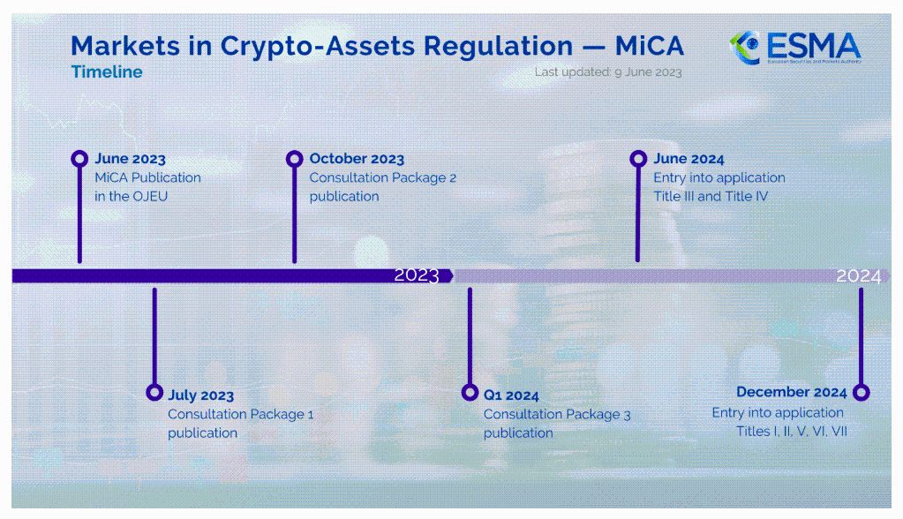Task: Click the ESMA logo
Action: tap(795, 48)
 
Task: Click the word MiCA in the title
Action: tap(649, 46)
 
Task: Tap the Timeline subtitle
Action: tap(107, 72)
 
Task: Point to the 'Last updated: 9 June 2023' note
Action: tap(608, 72)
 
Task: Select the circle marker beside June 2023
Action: tap(79, 158)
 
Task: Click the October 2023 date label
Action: tap(357, 158)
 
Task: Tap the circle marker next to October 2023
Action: tap(294, 158)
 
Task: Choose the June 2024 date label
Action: tap(689, 158)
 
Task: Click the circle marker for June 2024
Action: tap(638, 158)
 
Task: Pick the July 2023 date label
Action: tap(201, 395)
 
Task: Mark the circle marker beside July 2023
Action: tap(154, 392)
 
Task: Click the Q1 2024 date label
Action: tap(511, 395)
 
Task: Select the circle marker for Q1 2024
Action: tap(470, 393)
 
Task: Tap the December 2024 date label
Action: tap(792, 392)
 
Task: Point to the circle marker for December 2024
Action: tap(861, 392)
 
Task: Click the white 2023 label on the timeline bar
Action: tap(417, 275)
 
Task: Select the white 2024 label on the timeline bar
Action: tap(859, 276)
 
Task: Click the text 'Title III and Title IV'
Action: tap(711, 197)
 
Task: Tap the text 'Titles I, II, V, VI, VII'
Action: tap(792, 432)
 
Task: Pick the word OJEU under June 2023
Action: tap(150, 197)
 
